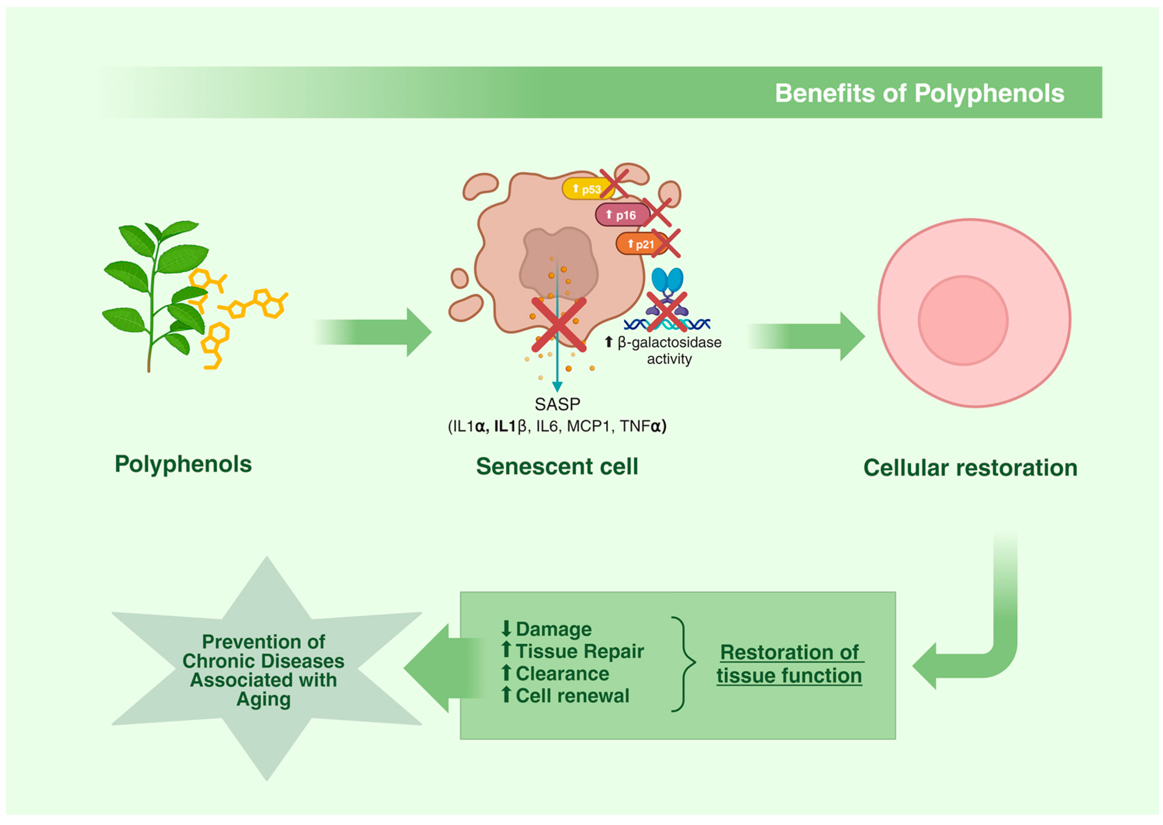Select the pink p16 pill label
coord(621,215)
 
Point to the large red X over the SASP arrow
coord(558,325)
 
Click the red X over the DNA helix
coord(667,312)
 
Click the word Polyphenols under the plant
coord(183,464)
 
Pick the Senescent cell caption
coord(557,466)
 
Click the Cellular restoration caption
coord(970,468)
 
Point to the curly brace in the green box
coord(683,663)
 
